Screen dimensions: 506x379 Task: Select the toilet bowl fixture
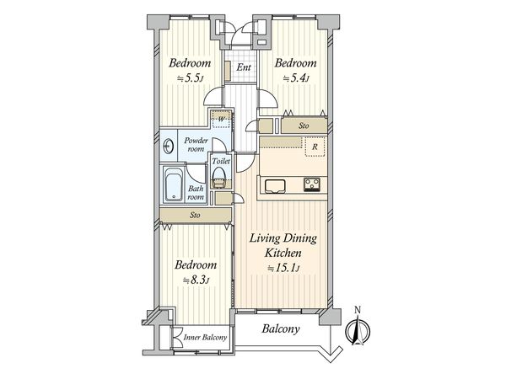point(219,177)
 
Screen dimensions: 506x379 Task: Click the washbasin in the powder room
point(168,147)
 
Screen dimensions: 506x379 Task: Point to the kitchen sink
point(275,186)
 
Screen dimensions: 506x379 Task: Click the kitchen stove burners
point(312,184)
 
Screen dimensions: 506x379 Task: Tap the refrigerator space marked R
point(315,147)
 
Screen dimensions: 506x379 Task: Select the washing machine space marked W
point(221,120)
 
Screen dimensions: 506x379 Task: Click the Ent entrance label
point(244,67)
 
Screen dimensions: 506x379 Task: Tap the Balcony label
point(281,329)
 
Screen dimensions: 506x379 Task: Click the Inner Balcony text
point(205,338)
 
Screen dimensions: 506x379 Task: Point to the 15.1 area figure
point(283,268)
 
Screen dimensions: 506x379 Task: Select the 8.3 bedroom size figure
point(196,280)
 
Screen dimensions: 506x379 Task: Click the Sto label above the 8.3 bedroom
point(195,215)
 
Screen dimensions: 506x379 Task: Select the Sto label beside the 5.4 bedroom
point(304,125)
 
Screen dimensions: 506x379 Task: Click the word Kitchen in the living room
point(283,253)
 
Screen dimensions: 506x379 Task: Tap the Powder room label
point(196,145)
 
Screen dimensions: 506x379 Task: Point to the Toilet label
point(221,161)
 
